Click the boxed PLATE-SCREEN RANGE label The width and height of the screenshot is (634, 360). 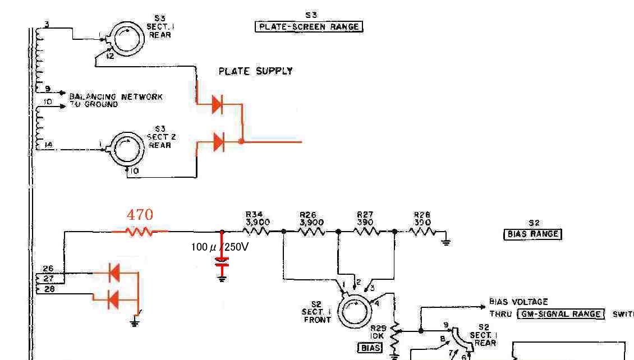click(x=309, y=26)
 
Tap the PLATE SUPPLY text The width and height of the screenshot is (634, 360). click(x=255, y=71)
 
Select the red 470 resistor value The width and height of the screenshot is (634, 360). click(x=140, y=214)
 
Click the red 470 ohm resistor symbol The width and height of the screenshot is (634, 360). click(x=140, y=230)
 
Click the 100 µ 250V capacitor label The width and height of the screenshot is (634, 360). click(x=219, y=246)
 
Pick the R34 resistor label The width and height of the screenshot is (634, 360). click(x=258, y=219)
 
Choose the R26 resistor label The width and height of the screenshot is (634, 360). click(x=311, y=219)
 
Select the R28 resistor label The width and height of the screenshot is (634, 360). click(x=422, y=219)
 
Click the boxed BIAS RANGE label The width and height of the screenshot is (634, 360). click(x=533, y=234)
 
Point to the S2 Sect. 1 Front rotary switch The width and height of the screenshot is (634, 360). click(x=352, y=312)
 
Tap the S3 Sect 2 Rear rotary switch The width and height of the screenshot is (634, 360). click(x=128, y=149)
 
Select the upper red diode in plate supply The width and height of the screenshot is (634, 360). click(x=218, y=104)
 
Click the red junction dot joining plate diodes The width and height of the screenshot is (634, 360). click(x=241, y=142)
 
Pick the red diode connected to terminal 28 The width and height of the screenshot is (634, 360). click(x=114, y=298)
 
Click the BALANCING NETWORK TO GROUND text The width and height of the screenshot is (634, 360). click(x=116, y=100)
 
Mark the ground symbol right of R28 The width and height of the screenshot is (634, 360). click(x=445, y=242)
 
